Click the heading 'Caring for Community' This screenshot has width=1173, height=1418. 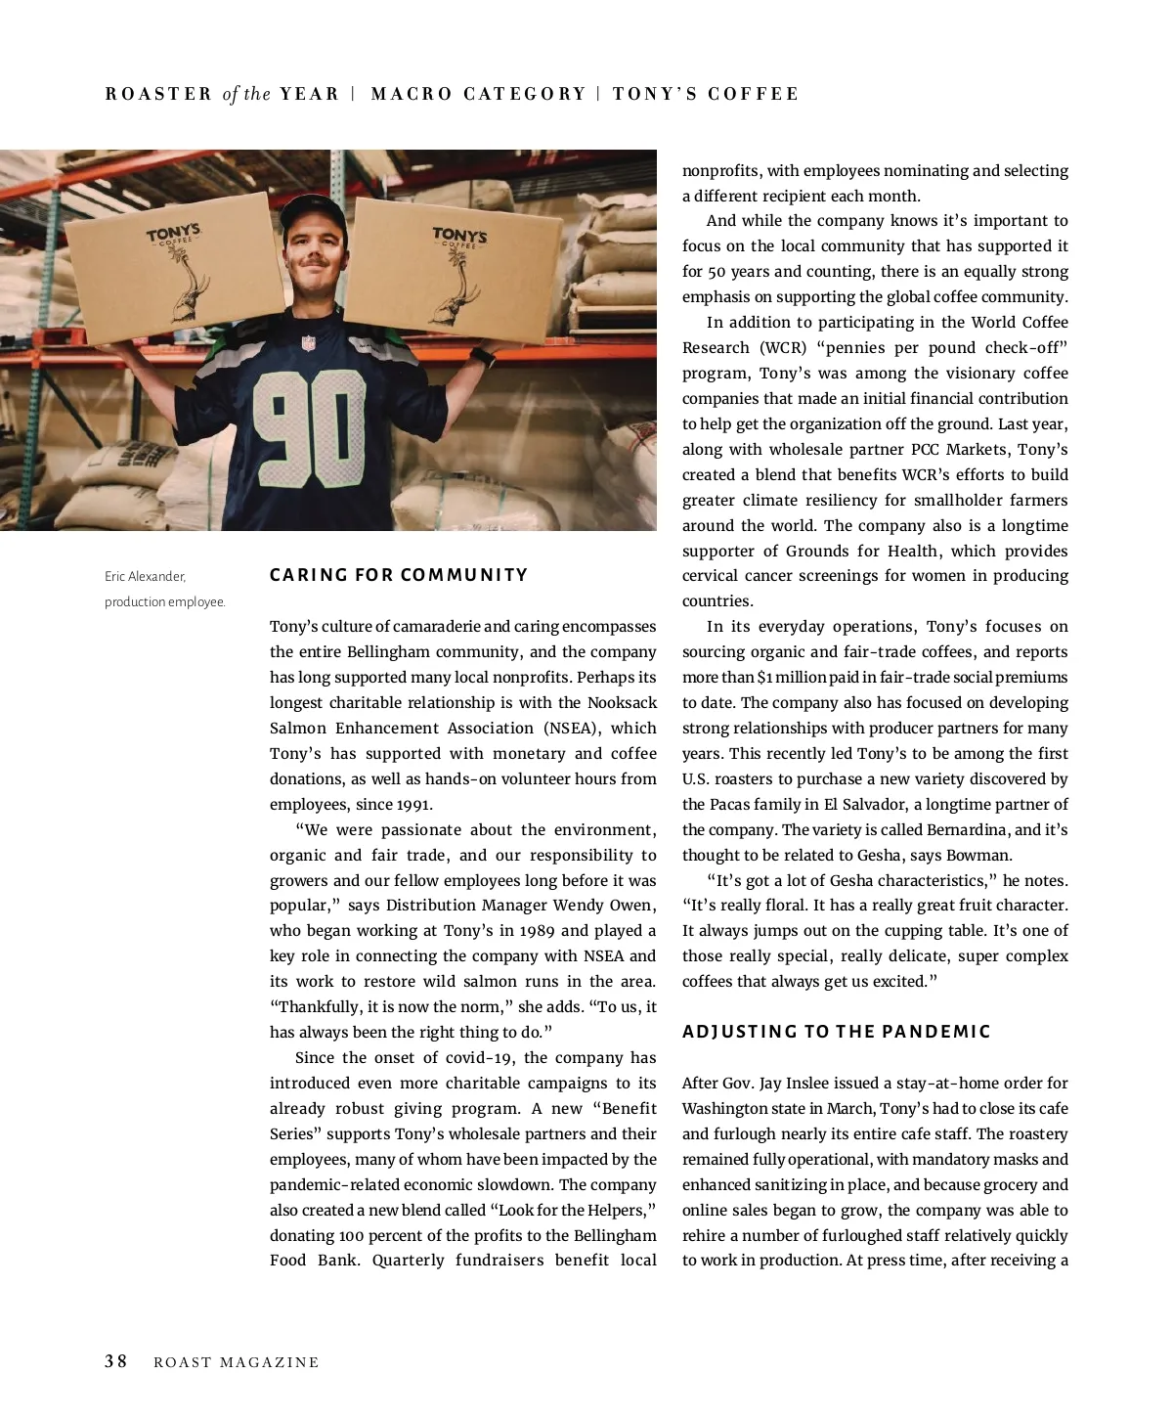coord(399,575)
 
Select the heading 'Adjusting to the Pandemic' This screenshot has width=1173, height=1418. coord(837,1032)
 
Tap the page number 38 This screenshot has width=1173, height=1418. coord(116,1361)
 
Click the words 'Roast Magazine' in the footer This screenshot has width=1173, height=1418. coord(237,1362)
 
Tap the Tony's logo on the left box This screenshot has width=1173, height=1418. coord(174,236)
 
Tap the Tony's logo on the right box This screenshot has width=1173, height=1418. coord(459,237)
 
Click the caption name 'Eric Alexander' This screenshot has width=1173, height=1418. coord(145,577)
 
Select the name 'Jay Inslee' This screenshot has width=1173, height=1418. coord(782,1084)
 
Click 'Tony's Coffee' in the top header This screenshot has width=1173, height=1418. coord(706,95)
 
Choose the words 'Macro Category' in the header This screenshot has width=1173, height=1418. coord(478,95)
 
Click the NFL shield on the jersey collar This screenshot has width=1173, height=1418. coord(309,344)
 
